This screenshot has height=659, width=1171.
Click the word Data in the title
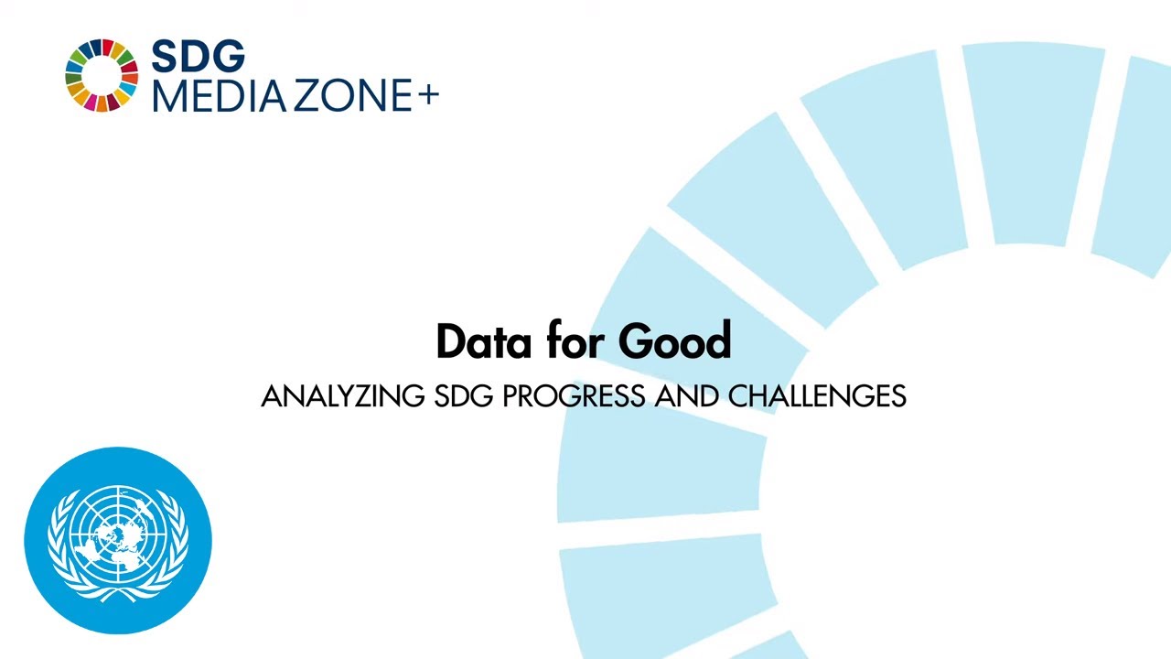(484, 341)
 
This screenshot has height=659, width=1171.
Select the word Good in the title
(675, 341)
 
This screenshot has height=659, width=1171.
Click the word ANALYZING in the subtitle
(342, 396)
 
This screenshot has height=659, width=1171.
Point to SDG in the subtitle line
(464, 396)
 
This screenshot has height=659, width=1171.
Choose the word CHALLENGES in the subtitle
(817, 396)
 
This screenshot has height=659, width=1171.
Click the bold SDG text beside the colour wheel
(198, 57)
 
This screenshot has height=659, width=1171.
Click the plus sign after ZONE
(428, 94)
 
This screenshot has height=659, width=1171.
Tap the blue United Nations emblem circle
(118, 540)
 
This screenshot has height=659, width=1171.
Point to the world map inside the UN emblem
(118, 535)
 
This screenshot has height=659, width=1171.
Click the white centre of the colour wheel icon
(101, 75)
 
